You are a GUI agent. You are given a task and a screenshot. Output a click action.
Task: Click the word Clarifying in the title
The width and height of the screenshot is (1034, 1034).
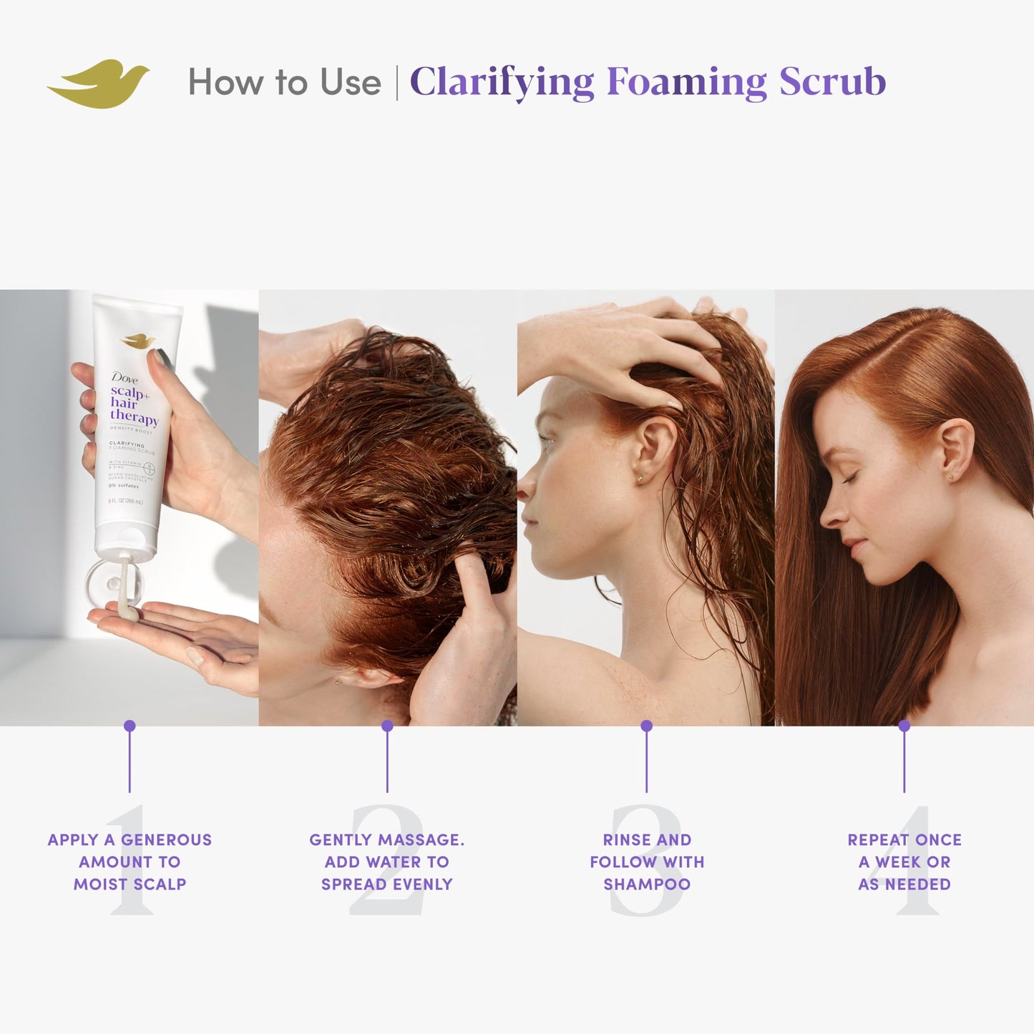coord(502,82)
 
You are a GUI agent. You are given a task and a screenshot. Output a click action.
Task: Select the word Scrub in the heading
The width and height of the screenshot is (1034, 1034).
coord(832,82)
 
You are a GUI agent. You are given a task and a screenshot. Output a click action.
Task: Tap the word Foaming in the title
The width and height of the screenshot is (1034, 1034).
coord(686,82)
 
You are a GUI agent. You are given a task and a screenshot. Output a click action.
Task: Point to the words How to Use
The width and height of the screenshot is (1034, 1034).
coord(284,82)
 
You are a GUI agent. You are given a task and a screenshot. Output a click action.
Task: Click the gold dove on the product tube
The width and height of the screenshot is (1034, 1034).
coord(138,341)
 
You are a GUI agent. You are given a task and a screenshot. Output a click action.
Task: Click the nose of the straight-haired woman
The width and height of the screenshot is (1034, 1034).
coord(829,513)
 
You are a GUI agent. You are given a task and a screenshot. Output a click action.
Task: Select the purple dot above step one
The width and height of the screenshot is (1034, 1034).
coord(130,726)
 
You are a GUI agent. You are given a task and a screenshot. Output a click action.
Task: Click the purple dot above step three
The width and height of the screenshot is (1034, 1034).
coord(646,726)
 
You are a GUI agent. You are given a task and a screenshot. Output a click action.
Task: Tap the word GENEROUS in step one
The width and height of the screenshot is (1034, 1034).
coord(166,840)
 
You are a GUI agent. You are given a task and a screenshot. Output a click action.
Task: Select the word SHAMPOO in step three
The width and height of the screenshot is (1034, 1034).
coord(647,884)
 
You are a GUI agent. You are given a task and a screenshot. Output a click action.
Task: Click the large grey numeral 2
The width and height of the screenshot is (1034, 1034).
coord(387,859)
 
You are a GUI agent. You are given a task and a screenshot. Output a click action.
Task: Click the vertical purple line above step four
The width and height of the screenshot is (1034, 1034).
coord(904,762)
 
